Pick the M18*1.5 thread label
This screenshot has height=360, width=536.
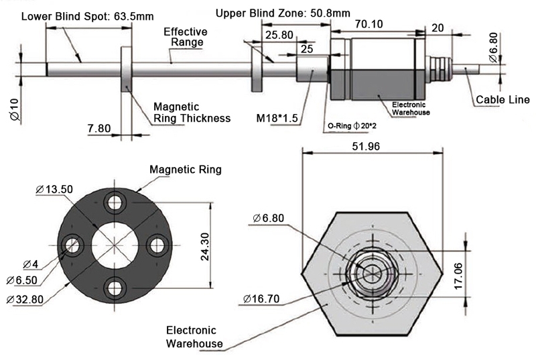pos(277,118)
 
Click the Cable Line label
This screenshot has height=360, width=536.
pos(500,101)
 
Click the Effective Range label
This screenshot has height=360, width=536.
pos(186,37)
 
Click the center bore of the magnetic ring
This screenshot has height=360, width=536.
pos(115,245)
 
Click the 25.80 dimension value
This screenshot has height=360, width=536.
pos(278,34)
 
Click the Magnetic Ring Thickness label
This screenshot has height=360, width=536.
pos(192,113)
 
